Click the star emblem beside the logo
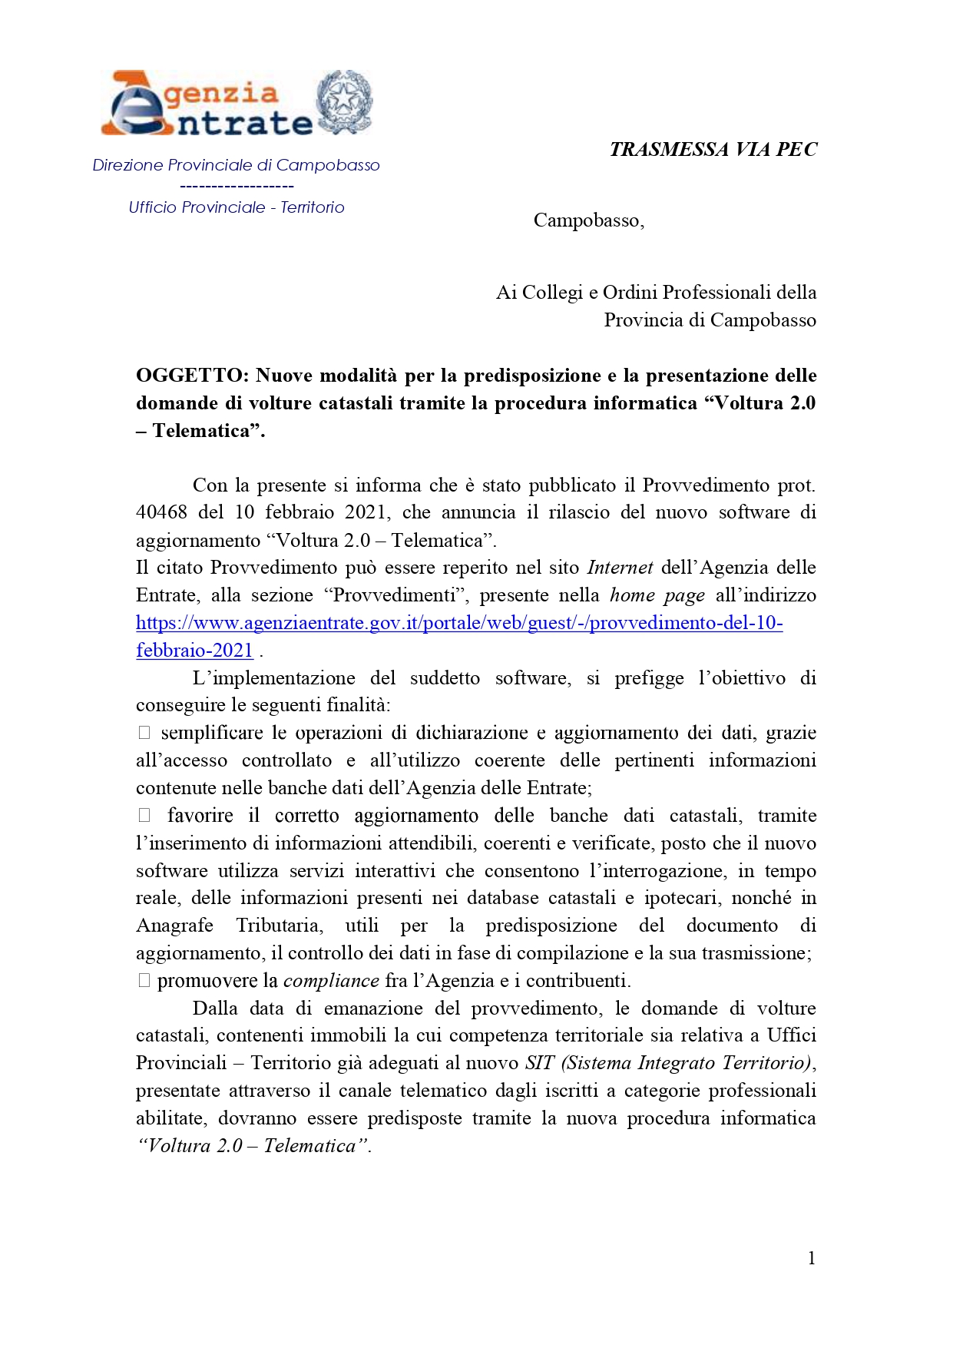click(345, 101)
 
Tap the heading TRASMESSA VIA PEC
click(713, 149)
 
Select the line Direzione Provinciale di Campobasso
click(236, 165)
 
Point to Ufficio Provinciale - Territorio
click(236, 207)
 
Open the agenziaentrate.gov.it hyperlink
click(459, 623)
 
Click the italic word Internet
click(620, 568)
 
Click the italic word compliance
click(331, 981)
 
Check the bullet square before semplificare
click(144, 733)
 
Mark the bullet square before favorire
click(144, 816)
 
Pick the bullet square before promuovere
click(144, 981)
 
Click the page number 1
click(811, 1258)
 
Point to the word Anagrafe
click(174, 926)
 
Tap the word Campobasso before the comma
click(585, 221)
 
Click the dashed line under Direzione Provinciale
click(237, 186)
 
